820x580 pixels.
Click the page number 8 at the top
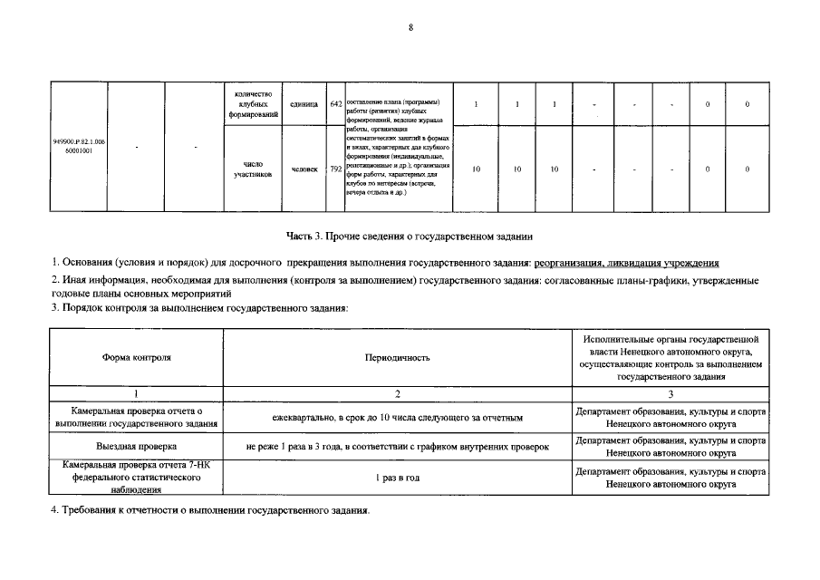click(410, 27)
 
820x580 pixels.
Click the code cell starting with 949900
click(79, 146)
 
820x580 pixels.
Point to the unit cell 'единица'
click(304, 103)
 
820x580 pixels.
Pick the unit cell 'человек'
click(304, 169)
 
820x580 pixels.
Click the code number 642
click(335, 103)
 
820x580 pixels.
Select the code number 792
click(335, 169)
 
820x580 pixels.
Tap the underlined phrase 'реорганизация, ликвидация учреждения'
click(626, 263)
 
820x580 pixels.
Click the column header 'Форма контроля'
click(136, 357)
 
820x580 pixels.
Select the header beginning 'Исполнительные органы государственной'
click(670, 357)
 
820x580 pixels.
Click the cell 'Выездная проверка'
click(136, 447)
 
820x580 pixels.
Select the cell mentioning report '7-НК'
click(136, 477)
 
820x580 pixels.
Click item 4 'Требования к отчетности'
click(210, 512)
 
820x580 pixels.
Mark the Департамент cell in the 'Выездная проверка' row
click(670, 447)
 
